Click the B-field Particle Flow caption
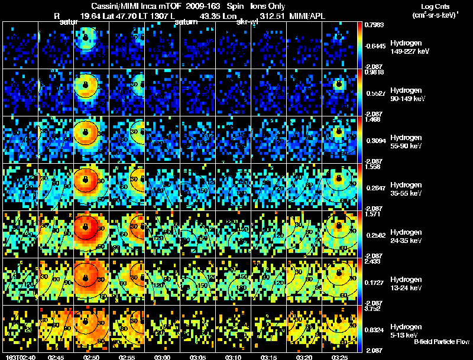click(x=442, y=342)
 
